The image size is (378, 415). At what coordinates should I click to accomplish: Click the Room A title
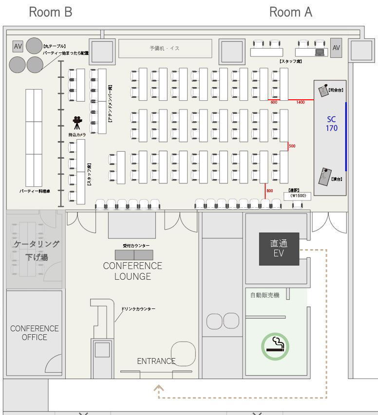click(290, 12)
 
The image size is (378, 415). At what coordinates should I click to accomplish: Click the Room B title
click(51, 12)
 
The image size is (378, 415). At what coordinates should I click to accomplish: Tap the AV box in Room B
click(18, 46)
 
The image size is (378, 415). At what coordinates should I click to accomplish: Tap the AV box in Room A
click(336, 48)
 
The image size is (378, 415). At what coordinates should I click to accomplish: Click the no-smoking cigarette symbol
click(275, 345)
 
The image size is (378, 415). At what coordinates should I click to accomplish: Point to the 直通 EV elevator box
click(278, 248)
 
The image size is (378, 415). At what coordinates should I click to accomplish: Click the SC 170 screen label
click(332, 124)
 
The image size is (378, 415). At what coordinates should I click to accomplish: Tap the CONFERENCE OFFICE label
click(34, 333)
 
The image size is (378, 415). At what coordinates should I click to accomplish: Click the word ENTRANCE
click(156, 361)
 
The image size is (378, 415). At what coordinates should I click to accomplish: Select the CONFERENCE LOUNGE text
click(132, 271)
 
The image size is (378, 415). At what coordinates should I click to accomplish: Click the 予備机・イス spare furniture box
click(165, 49)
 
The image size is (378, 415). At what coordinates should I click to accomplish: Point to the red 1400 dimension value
click(300, 103)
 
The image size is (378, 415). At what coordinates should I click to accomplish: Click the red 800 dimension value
click(270, 191)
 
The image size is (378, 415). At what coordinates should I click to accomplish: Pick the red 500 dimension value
click(292, 146)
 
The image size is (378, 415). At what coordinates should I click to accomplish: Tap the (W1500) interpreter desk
click(297, 196)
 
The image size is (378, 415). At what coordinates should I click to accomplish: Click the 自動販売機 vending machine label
click(265, 295)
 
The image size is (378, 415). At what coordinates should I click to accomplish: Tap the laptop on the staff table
click(320, 52)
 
